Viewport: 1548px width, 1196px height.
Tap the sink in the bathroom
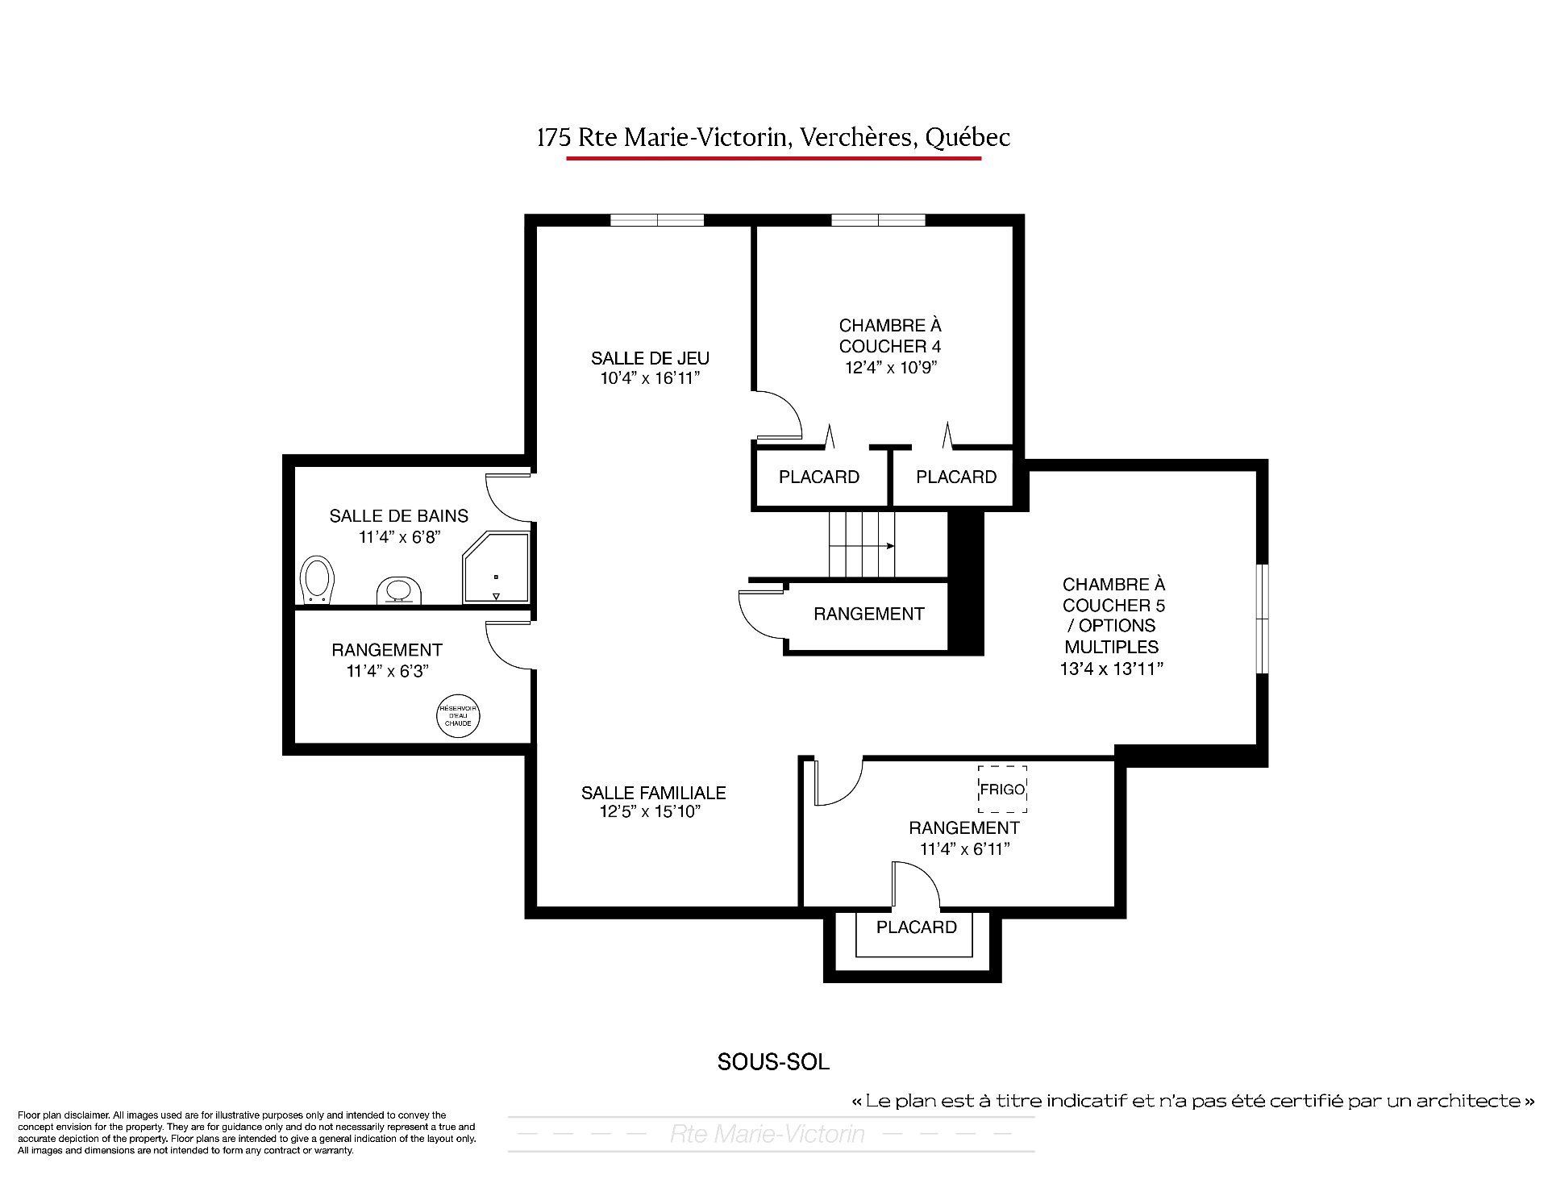tap(400, 590)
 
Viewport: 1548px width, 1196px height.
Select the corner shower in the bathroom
tap(496, 567)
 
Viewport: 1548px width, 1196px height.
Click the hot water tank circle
tap(458, 716)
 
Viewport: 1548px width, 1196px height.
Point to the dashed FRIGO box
tap(1002, 789)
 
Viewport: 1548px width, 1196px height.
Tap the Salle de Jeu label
tap(650, 358)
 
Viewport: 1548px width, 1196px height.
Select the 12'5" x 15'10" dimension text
tap(650, 812)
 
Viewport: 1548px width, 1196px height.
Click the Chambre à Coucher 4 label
tap(890, 336)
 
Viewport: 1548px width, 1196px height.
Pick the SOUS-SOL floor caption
tap(773, 1062)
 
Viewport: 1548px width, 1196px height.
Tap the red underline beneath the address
tap(773, 158)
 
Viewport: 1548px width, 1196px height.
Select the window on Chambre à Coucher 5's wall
tap(1263, 619)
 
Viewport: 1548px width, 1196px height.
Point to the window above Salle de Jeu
tap(657, 220)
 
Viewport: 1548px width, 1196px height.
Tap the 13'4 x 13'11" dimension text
tap(1112, 669)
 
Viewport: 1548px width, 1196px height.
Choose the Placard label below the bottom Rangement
tap(917, 927)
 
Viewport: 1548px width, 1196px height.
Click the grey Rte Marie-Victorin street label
tap(767, 1134)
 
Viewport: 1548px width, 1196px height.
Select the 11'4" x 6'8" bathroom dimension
tap(398, 538)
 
